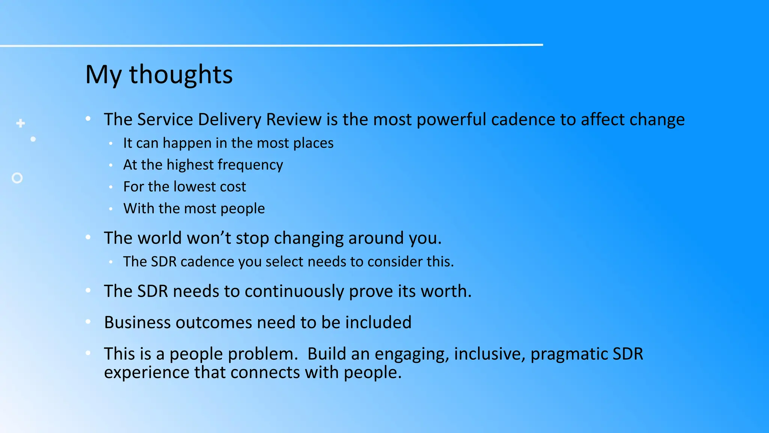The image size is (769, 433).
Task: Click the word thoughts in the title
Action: [181, 75]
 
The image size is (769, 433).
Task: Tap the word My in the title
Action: [103, 75]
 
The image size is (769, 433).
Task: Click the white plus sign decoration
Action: [21, 123]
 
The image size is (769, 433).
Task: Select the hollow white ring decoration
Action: [17, 178]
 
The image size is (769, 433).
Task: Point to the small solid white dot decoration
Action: [33, 139]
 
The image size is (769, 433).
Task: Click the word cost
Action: [233, 187]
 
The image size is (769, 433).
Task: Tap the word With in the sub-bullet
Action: [139, 209]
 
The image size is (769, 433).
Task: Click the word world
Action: [160, 238]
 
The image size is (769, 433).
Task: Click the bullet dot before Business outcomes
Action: [88, 321]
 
